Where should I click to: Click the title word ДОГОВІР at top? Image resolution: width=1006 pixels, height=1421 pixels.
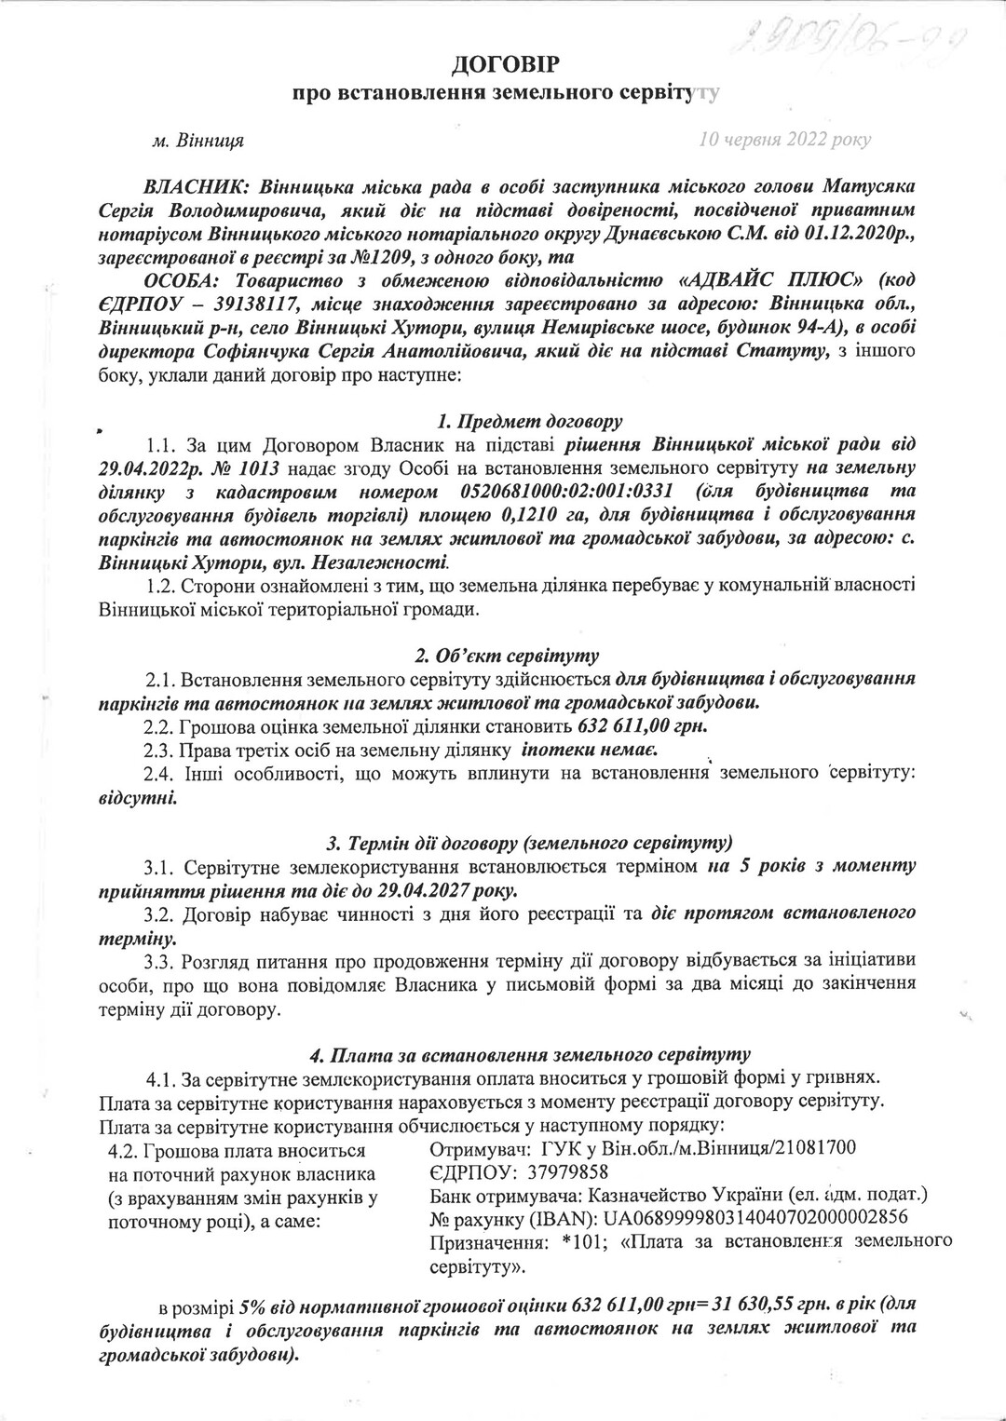(504, 64)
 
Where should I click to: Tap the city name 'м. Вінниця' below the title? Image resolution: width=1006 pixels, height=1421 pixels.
(197, 141)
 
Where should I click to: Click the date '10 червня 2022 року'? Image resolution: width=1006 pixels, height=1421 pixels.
(784, 140)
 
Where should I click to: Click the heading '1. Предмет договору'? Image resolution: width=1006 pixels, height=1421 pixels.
(504, 420)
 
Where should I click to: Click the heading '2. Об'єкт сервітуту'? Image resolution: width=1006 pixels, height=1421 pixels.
(504, 656)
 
